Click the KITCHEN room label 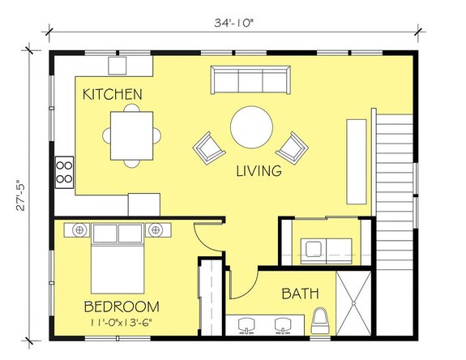coord(113,95)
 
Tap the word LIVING coord(259,171)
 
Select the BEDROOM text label coord(121,307)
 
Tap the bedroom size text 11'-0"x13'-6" coord(121,324)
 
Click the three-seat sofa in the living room coord(250,79)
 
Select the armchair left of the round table coord(210,148)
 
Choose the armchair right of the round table coord(293,148)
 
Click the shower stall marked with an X coord(353,303)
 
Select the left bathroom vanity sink coord(242,324)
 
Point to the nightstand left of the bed coord(79,231)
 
